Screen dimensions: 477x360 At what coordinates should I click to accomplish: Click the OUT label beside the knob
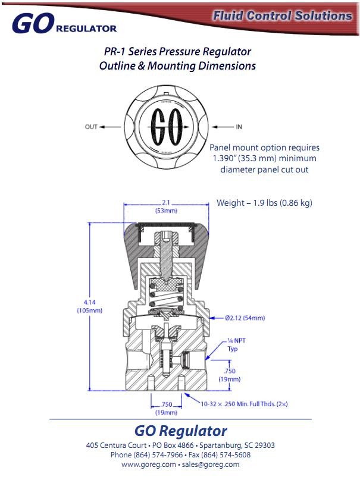point(90,127)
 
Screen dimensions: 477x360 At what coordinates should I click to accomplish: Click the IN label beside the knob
point(239,127)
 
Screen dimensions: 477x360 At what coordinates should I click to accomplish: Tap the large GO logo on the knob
point(165,127)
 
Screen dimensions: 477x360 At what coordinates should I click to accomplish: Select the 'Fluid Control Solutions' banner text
point(282,16)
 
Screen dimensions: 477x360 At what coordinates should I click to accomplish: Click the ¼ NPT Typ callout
point(233,344)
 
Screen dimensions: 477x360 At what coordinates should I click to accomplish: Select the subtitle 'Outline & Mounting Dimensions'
point(177,66)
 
